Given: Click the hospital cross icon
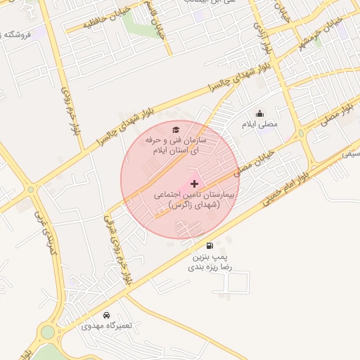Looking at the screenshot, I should click(x=195, y=183).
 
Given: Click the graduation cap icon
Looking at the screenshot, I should click(x=176, y=129).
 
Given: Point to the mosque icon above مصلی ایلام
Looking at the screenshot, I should click(x=259, y=113).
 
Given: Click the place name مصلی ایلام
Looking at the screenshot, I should click(x=259, y=124).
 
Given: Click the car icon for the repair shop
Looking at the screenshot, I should click(x=106, y=315).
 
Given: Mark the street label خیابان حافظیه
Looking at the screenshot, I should click(x=89, y=26).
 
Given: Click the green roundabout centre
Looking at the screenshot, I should click(x=48, y=332).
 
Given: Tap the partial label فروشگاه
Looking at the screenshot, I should click(x=17, y=34).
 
